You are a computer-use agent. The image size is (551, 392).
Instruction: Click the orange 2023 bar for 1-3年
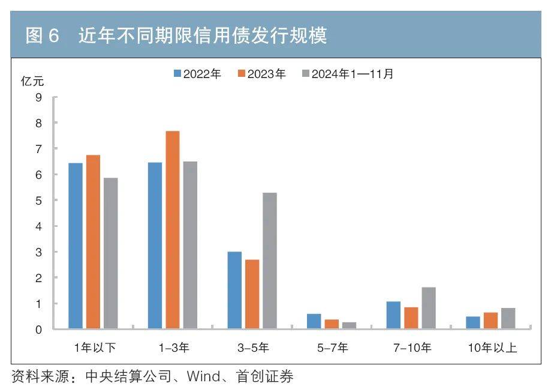point(173,230)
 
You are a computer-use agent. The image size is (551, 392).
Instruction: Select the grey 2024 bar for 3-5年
point(270,261)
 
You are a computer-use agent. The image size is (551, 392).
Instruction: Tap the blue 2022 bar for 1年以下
point(76,246)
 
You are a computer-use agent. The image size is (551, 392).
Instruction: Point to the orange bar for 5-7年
point(332,324)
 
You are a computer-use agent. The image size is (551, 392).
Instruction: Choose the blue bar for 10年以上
point(473,323)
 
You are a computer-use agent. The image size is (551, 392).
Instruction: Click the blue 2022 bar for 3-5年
point(234,290)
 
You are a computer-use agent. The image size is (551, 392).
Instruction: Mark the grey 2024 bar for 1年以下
point(110,253)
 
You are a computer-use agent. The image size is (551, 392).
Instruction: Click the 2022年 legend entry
point(197,74)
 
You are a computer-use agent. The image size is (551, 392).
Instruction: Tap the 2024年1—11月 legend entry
point(347,74)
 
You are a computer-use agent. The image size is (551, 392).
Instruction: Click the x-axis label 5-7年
point(332,348)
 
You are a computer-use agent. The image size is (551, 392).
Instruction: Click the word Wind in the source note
point(204,377)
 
